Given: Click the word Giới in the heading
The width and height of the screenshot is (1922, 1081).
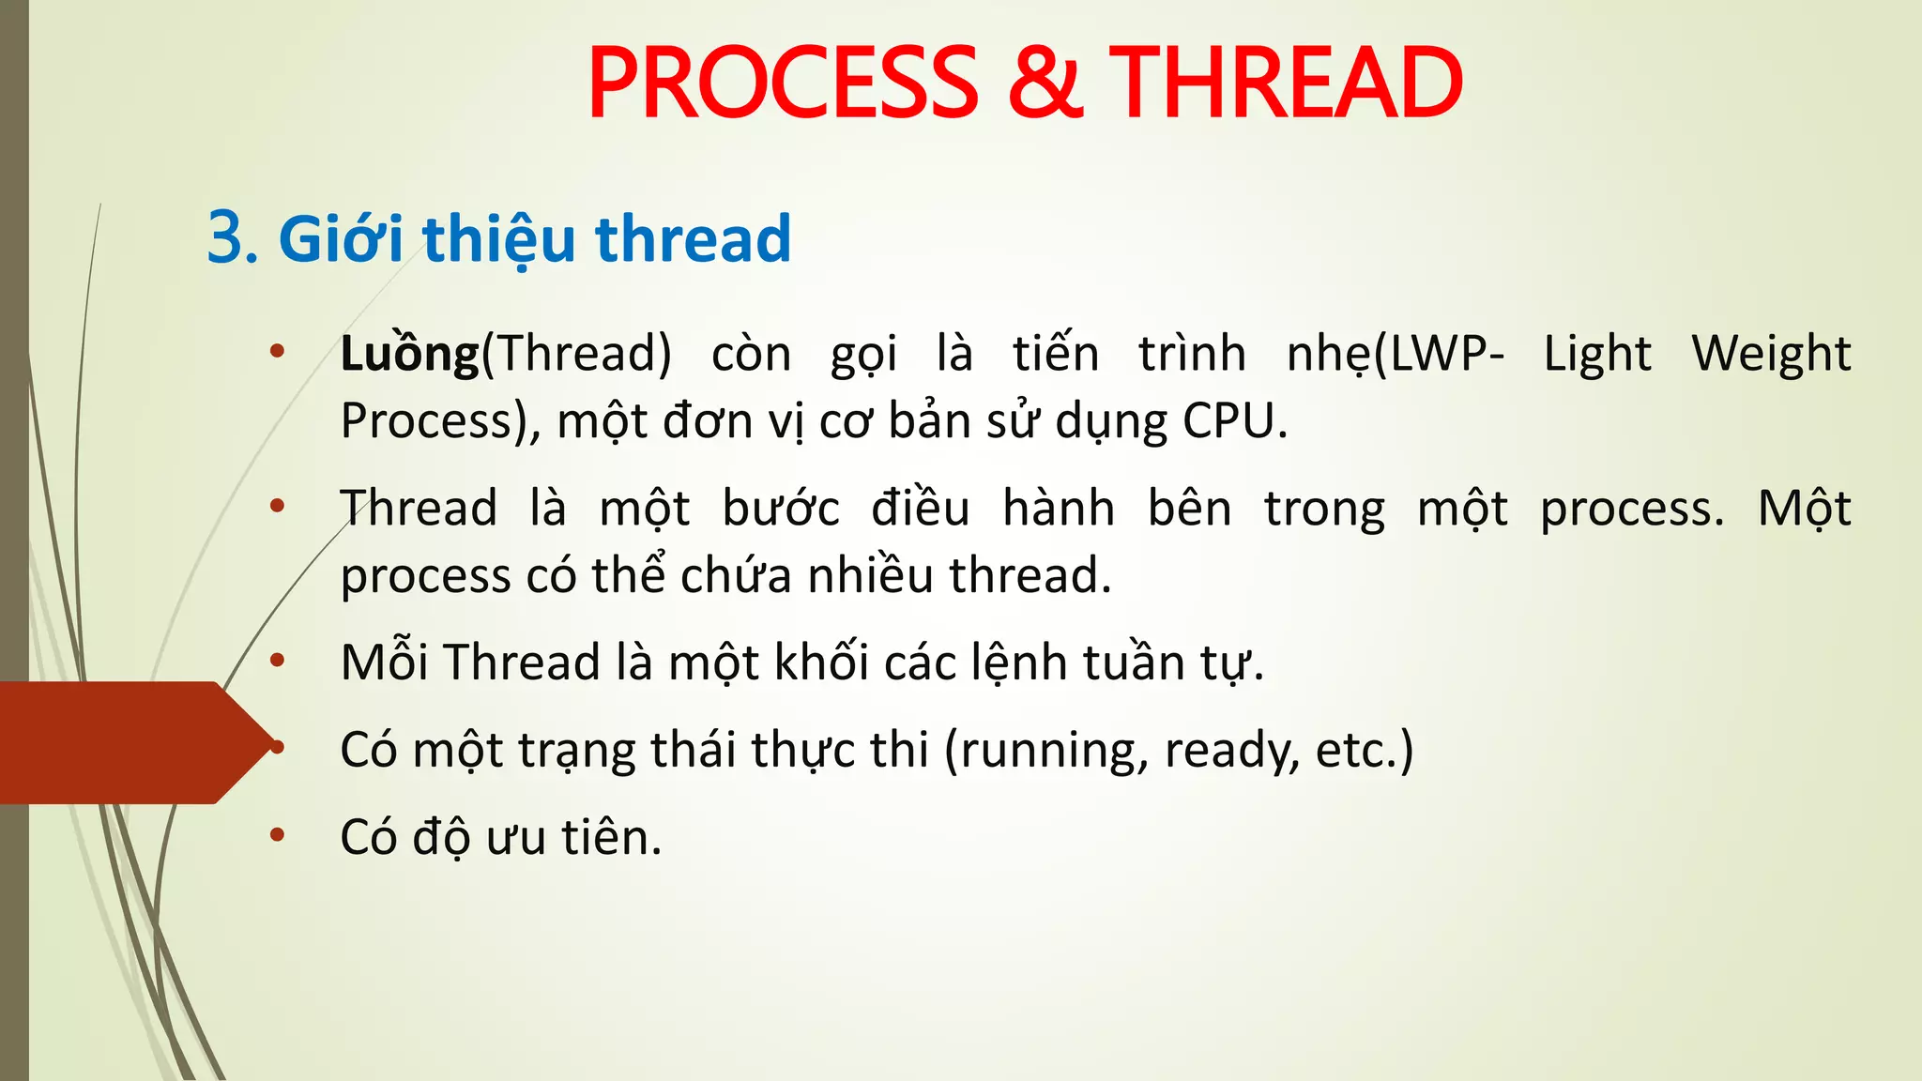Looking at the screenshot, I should (x=341, y=238).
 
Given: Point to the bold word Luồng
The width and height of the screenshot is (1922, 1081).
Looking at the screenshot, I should (x=410, y=355).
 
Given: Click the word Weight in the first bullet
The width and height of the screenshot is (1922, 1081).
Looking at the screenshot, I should (x=1771, y=355).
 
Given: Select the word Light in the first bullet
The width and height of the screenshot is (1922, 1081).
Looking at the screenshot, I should (x=1597, y=355).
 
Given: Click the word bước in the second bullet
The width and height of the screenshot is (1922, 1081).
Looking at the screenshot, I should (x=781, y=510).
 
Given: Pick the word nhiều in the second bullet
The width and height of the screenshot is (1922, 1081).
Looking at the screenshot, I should (x=870, y=575).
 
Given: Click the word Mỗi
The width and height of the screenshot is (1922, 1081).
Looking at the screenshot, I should (x=385, y=662).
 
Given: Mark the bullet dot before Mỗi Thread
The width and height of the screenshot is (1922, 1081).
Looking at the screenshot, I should (x=277, y=661).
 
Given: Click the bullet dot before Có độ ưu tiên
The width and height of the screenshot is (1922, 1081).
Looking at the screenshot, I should (x=277, y=835).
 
